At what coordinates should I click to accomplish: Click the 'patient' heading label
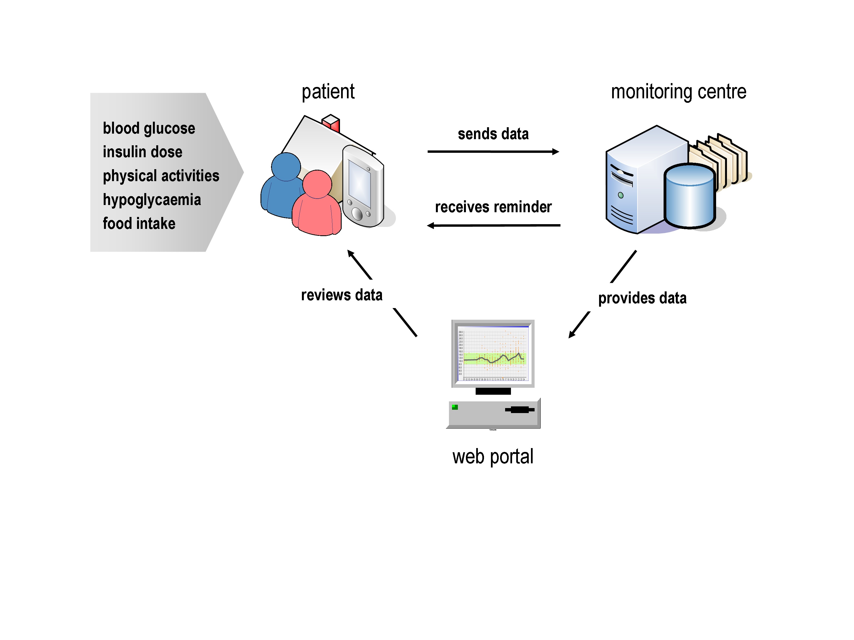click(x=328, y=92)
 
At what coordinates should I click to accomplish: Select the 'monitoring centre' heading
click(x=678, y=92)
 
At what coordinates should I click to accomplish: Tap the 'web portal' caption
click(x=493, y=456)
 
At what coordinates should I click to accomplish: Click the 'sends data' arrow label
click(x=493, y=134)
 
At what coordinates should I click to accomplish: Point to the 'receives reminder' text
click(x=493, y=207)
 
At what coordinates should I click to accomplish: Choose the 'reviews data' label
click(x=342, y=295)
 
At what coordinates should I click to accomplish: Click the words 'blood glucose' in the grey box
click(x=149, y=128)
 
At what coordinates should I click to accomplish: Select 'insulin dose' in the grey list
click(x=142, y=152)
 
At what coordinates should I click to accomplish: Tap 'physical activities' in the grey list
click(x=161, y=176)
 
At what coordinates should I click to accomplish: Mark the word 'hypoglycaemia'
click(x=152, y=200)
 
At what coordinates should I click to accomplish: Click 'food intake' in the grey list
click(x=139, y=224)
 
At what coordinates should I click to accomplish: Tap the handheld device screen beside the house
click(x=359, y=183)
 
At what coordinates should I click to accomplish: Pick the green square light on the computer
click(x=455, y=407)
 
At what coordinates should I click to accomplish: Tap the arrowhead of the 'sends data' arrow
click(x=556, y=152)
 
